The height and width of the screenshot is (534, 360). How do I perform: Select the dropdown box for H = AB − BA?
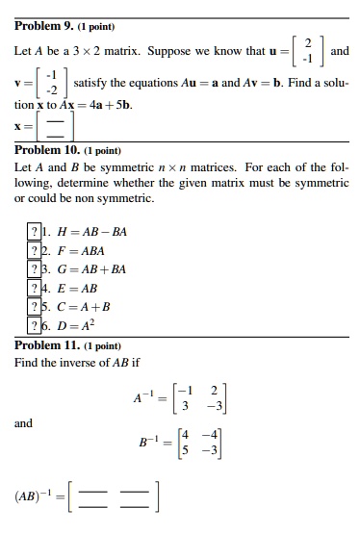[x=35, y=232]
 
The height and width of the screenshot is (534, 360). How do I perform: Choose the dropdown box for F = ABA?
[x=35, y=250]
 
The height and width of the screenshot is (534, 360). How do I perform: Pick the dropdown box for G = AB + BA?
[x=35, y=268]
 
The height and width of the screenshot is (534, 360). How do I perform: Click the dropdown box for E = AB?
[x=35, y=287]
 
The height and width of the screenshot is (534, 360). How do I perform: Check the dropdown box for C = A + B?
[x=35, y=305]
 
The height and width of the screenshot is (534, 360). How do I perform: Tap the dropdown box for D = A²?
[x=35, y=323]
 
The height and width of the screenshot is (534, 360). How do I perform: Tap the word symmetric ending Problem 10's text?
[x=117, y=198]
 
